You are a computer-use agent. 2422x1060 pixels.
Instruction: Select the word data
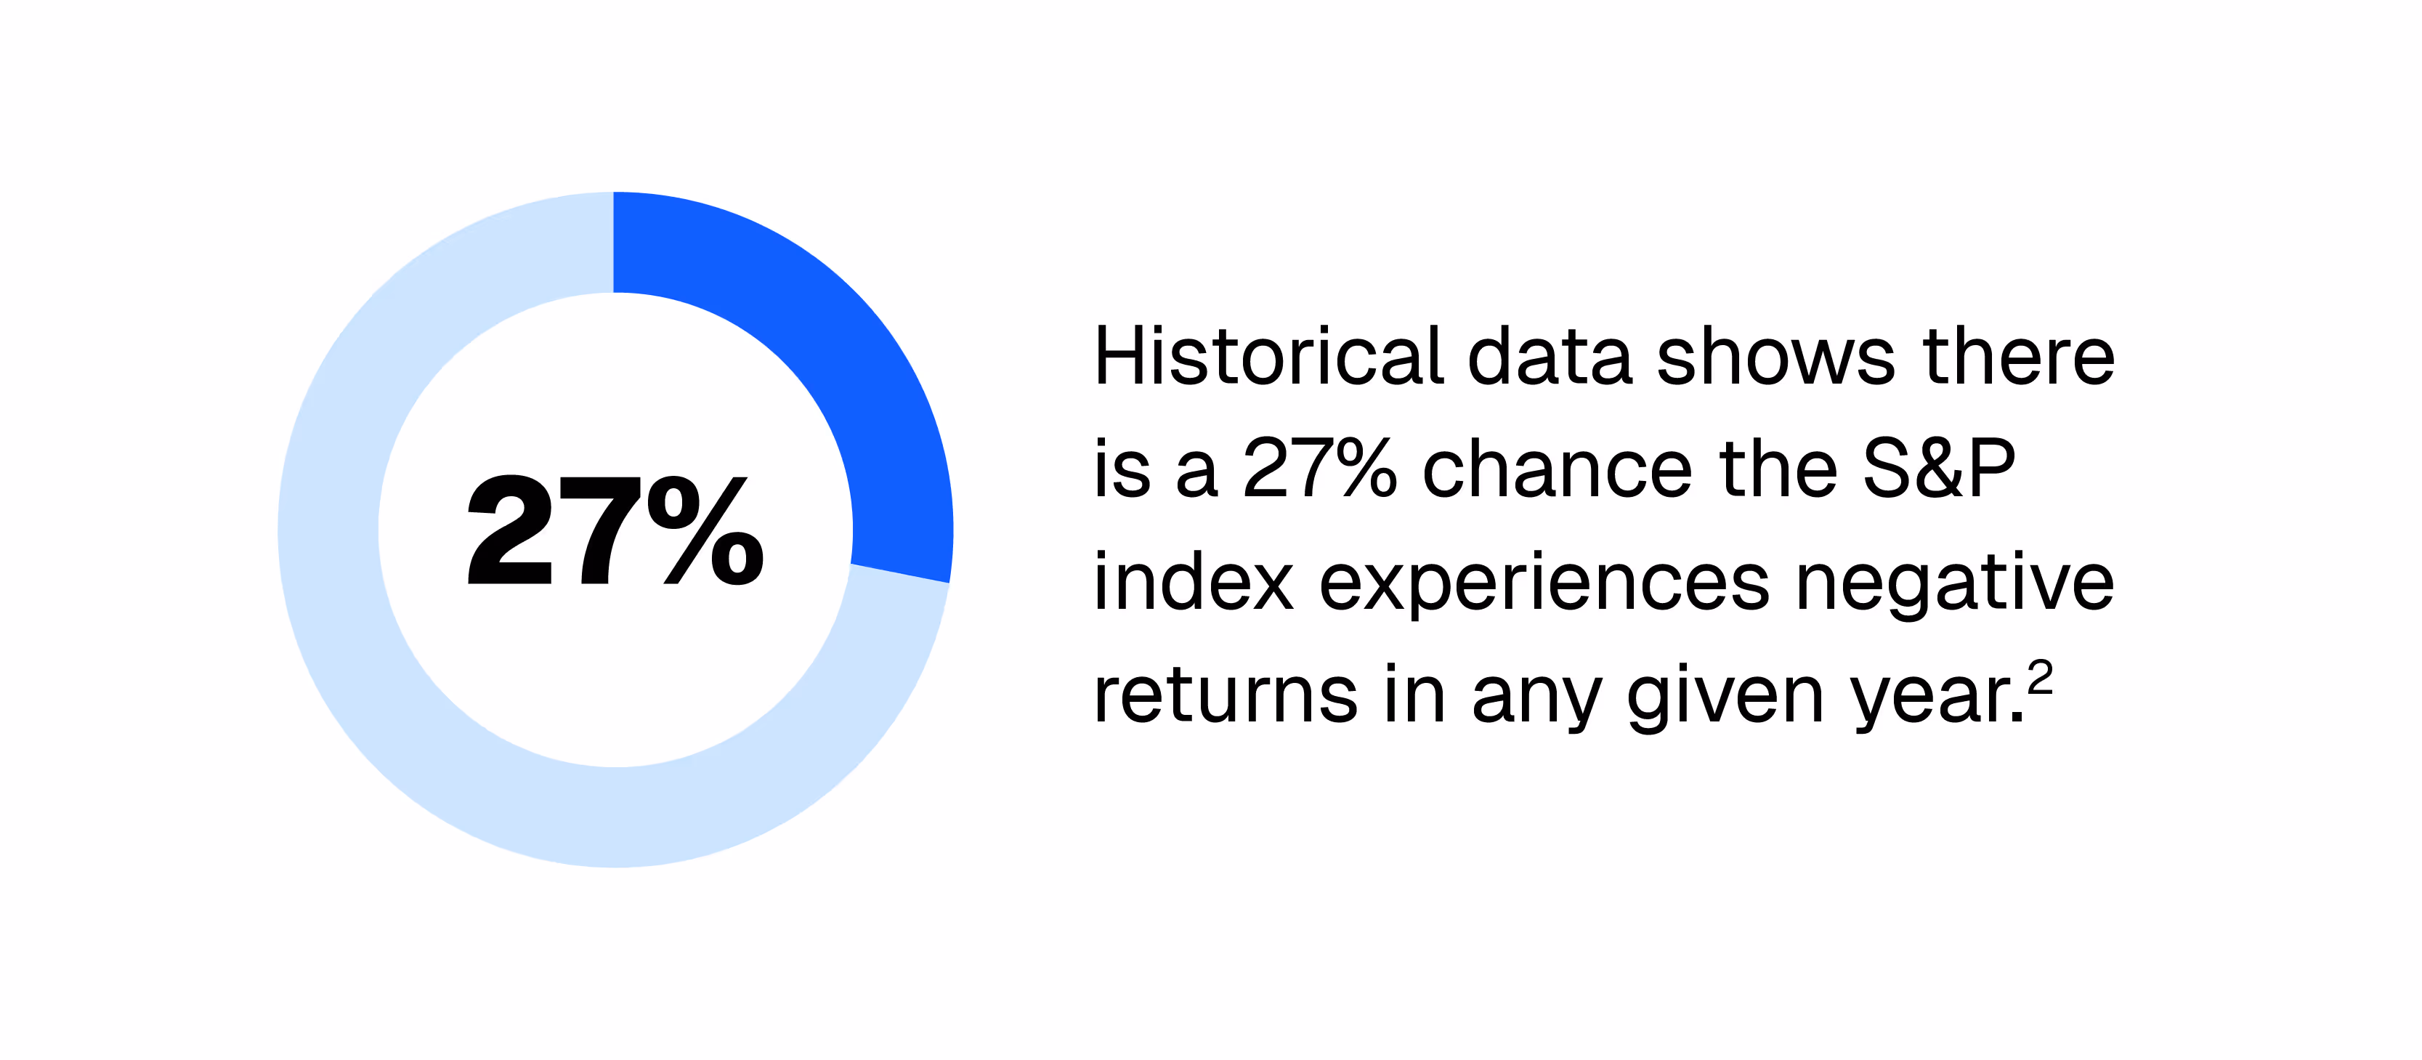pos(1549,357)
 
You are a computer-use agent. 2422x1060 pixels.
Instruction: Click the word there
pos(2019,357)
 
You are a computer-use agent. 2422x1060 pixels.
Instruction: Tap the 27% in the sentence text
pos(1319,469)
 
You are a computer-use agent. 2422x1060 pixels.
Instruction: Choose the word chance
pos(1556,469)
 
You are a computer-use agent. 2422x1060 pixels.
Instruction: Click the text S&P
pos(1939,469)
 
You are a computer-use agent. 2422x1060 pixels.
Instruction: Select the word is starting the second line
pos(1122,469)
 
